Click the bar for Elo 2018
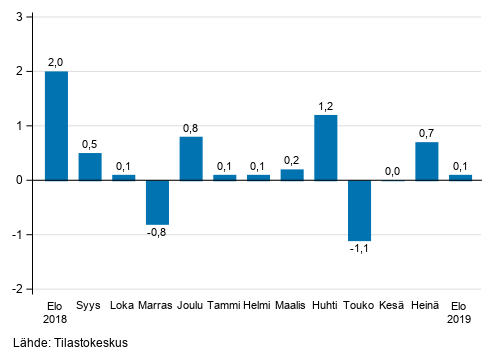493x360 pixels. pos(56,126)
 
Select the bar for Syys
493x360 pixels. pos(90,166)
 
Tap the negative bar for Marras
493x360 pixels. pos(157,202)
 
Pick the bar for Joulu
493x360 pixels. pos(191,158)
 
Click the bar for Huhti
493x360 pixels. pos(325,147)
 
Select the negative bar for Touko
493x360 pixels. pos(359,210)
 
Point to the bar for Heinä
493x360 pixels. pos(426,161)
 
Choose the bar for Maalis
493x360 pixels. pos(292,174)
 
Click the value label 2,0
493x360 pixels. pos(56,62)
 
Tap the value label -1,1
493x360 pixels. pos(358,250)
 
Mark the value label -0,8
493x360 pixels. pos(156,234)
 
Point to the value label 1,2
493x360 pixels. pos(325,105)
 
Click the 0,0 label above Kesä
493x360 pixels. pos(393,171)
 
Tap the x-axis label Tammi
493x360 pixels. pos(224,306)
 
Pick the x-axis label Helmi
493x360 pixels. pos(258,306)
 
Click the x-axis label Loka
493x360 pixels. pos(123,306)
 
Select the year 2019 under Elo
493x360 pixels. pos(460,321)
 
